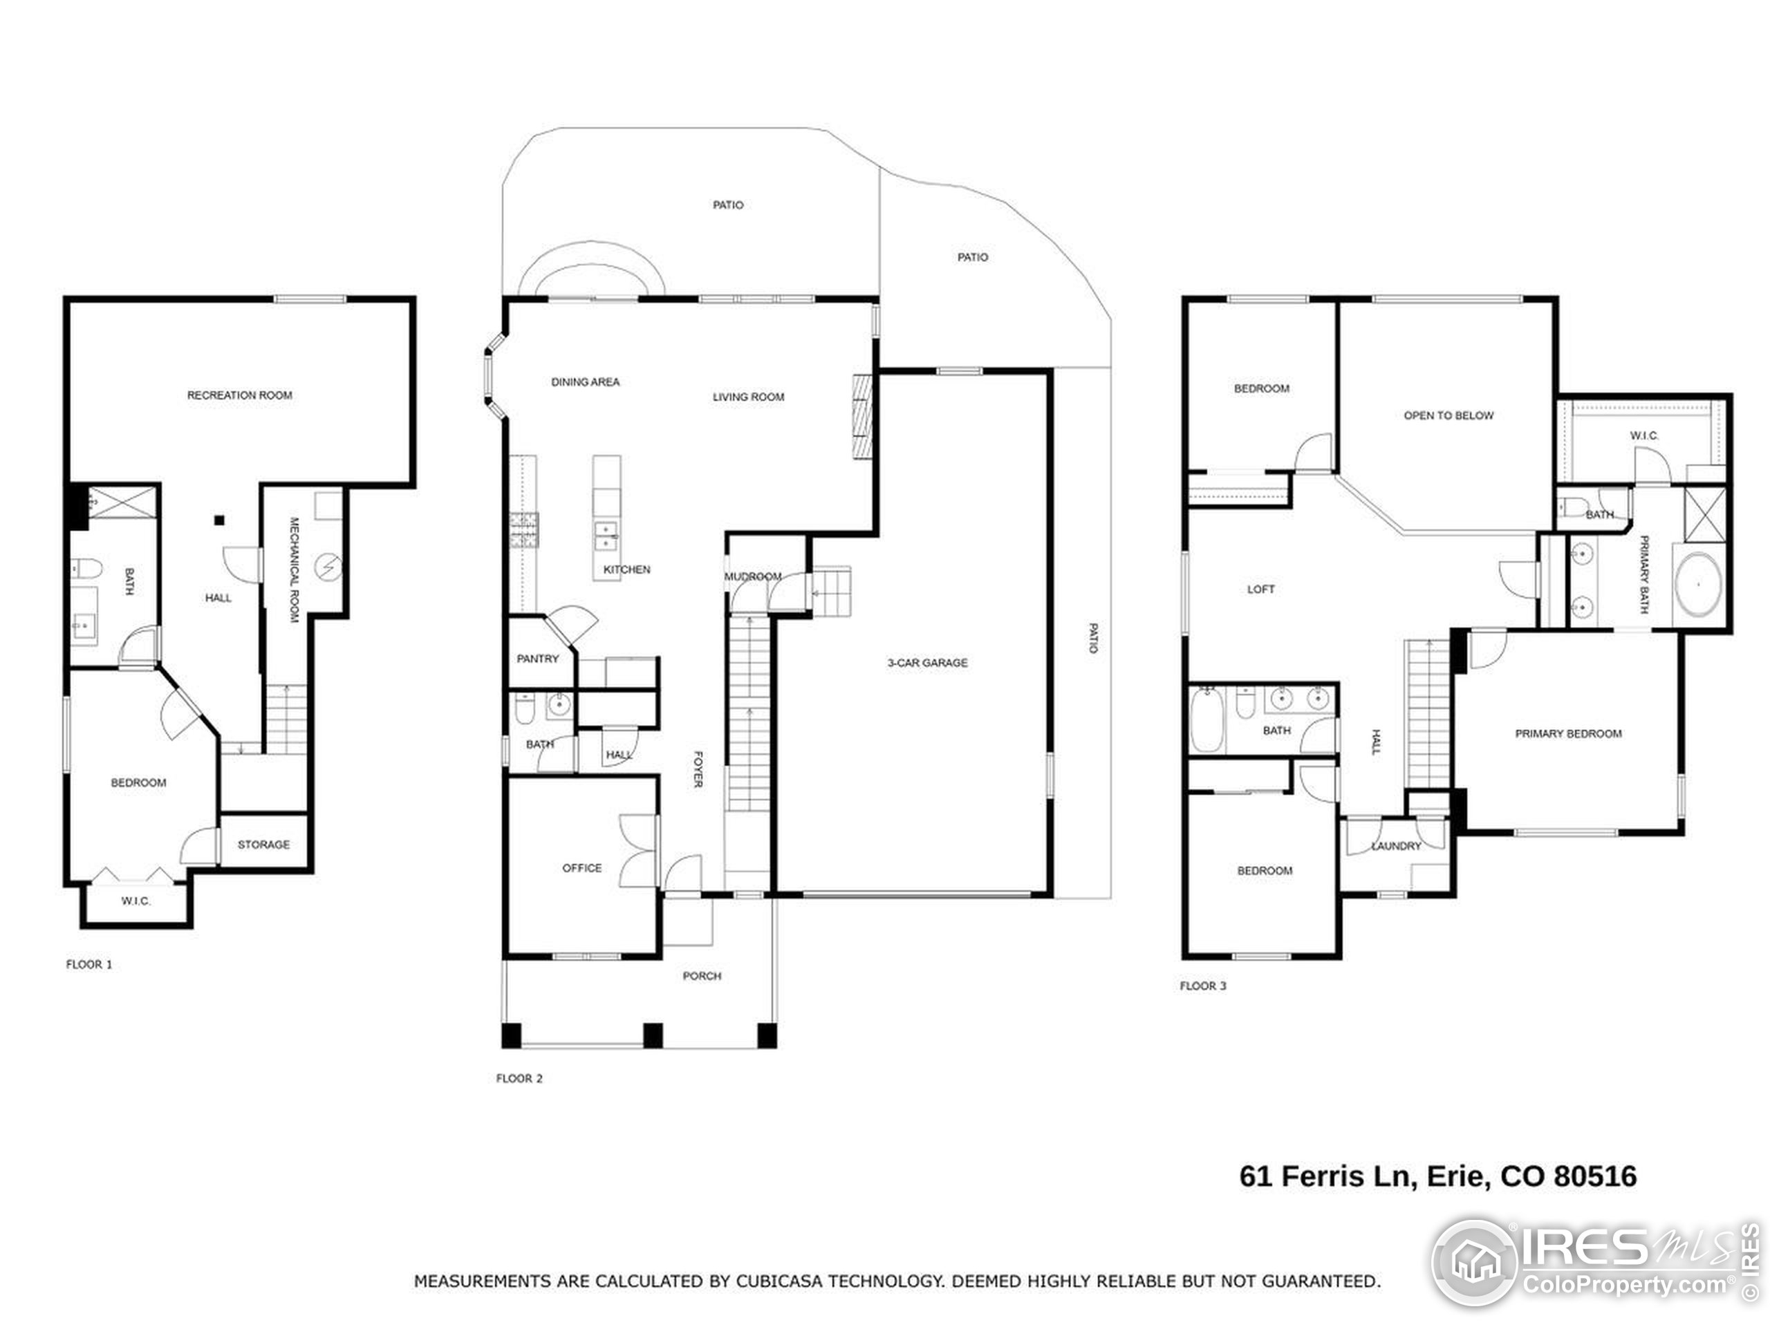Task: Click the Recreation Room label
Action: [239, 395]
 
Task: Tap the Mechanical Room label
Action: [294, 570]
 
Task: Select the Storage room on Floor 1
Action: [263, 845]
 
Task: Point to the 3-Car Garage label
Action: [927, 662]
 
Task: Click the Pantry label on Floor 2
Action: [538, 658]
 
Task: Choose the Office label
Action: [581, 868]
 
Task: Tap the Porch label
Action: [702, 976]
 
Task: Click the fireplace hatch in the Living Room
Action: [861, 417]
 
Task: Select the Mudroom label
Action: [753, 576]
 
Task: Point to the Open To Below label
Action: [1448, 415]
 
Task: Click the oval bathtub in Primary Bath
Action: [1698, 585]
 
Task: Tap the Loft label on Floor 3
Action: [1260, 589]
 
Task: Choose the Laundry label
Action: [1397, 845]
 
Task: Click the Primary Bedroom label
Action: [1568, 733]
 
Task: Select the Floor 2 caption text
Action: [519, 1078]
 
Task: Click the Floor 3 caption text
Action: [1202, 986]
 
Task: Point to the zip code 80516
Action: [1596, 1176]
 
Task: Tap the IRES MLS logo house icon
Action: [1475, 1262]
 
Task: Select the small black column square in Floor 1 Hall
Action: [219, 520]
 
